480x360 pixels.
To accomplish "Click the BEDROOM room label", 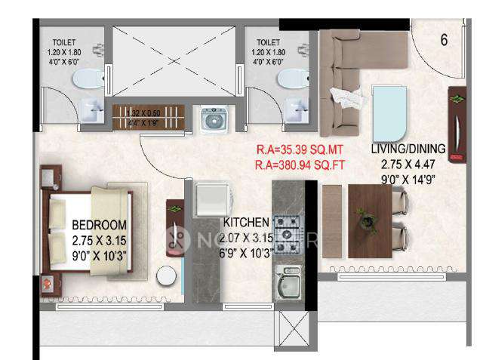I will click(100, 225).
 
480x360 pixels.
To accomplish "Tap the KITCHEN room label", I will click(246, 223).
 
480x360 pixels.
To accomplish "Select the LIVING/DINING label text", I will click(413, 148).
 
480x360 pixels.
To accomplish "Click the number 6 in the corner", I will click(444, 40).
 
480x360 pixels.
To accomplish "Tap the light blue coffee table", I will click(389, 109).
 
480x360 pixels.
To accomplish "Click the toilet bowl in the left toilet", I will click(90, 78).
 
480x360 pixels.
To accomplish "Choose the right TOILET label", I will click(267, 44).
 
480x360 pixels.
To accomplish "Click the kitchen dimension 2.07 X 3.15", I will click(245, 236).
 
